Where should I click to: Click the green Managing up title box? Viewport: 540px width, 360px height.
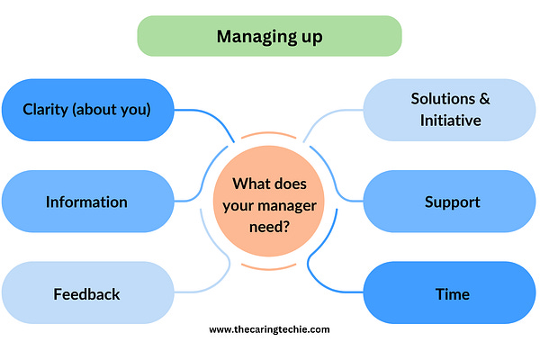pyautogui.click(x=269, y=37)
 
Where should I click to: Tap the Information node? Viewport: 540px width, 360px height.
pyautogui.click(x=86, y=202)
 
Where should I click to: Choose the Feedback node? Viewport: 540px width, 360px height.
pyautogui.click(x=86, y=293)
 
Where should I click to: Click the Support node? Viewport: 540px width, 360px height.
pyautogui.click(x=452, y=202)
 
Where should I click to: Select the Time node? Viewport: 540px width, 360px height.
pyautogui.click(x=452, y=293)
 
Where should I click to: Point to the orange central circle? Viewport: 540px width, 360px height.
pyautogui.click(x=270, y=202)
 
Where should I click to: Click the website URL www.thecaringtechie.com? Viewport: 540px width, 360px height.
pyautogui.click(x=270, y=329)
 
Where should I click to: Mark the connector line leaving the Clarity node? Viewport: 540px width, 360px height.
pyautogui.click(x=193, y=112)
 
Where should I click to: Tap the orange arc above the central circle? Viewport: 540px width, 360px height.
pyautogui.click(x=270, y=136)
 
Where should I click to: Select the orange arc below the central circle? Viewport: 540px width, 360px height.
pyautogui.click(x=270, y=267)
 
